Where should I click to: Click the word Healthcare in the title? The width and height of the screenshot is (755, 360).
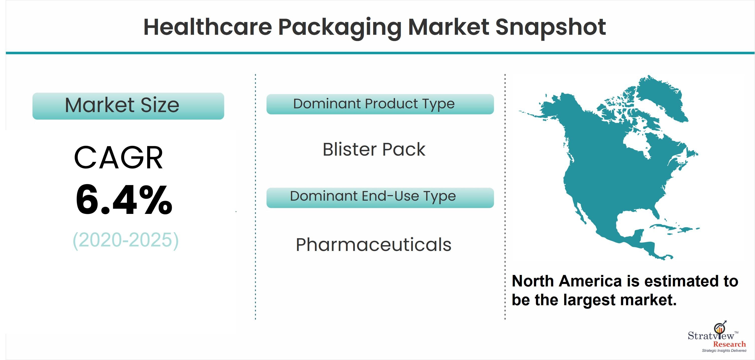(208, 27)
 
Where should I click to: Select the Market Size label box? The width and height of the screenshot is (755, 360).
(128, 106)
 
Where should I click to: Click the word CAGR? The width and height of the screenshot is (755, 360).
(118, 158)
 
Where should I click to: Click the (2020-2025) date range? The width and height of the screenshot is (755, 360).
(125, 240)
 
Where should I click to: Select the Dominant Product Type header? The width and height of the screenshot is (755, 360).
(380, 104)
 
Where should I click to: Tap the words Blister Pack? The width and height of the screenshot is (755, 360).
(374, 149)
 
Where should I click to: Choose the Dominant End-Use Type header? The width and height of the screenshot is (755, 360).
(380, 198)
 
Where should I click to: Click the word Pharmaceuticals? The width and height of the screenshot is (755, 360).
(373, 245)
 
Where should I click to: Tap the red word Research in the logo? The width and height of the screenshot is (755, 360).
(729, 344)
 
